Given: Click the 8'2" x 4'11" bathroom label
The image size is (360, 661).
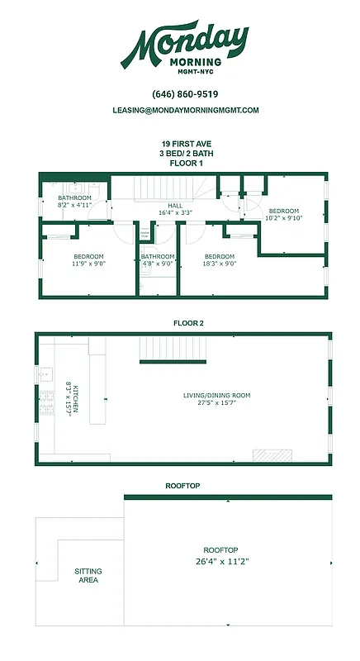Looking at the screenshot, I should tap(74, 202).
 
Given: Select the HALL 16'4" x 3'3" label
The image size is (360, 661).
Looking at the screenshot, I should tap(175, 209).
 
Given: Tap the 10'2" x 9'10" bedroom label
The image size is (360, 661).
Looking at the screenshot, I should tap(284, 215).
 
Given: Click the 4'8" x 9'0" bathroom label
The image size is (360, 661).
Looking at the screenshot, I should tap(157, 261).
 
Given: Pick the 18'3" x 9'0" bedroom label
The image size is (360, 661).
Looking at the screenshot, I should tap(220, 261).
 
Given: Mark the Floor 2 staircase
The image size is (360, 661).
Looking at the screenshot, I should tap(173, 350).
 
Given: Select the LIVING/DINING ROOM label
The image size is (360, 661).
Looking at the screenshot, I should tap(216, 399).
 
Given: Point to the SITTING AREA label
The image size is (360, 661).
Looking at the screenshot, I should tap(88, 575).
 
